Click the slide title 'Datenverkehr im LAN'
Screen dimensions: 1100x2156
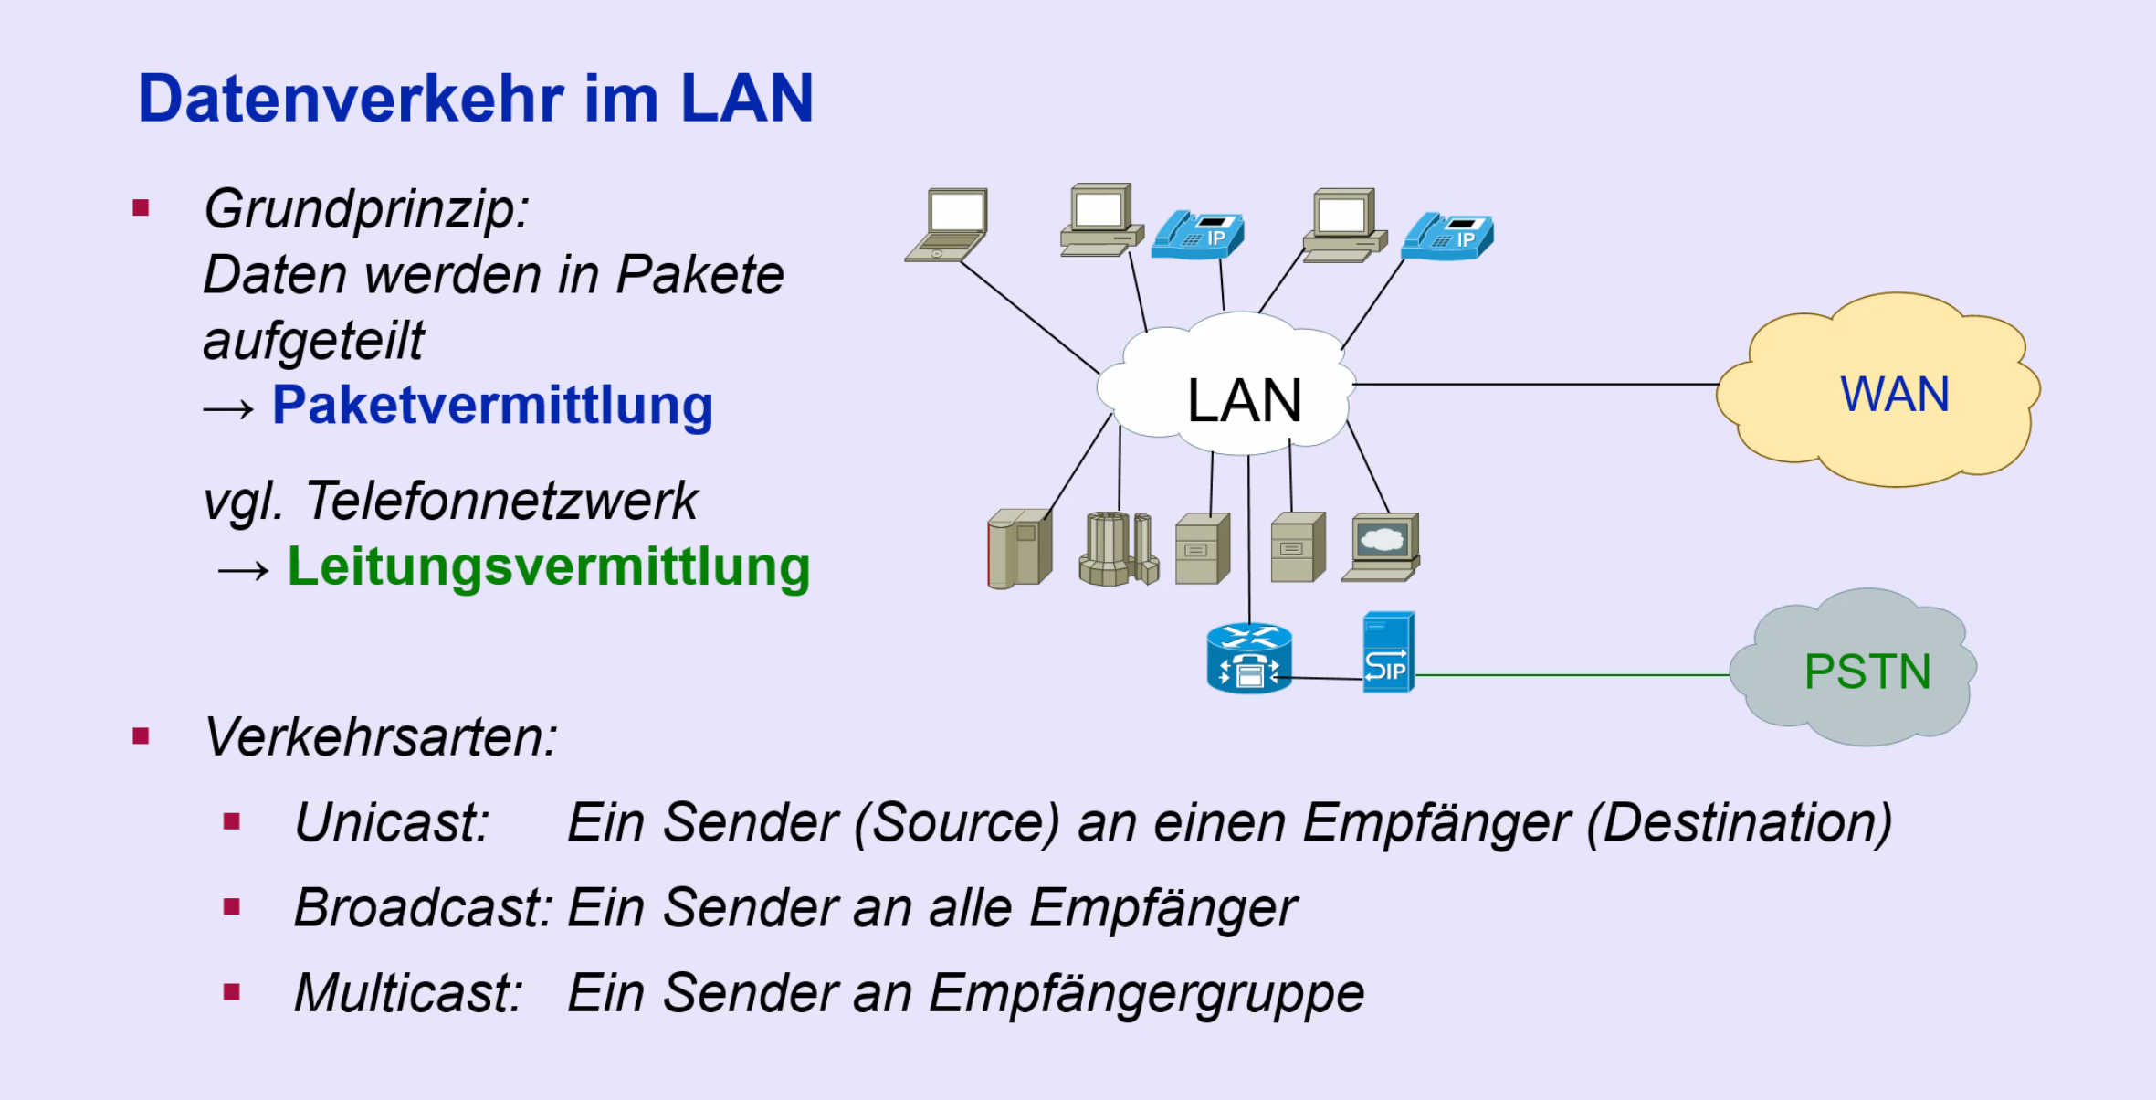point(475,99)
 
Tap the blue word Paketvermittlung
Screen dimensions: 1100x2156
point(492,405)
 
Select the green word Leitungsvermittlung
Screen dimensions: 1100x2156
point(548,566)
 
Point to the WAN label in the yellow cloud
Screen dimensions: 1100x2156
point(1895,395)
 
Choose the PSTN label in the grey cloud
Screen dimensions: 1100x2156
point(1867,672)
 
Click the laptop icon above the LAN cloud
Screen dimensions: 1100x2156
point(948,225)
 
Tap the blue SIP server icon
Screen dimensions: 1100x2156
point(1388,652)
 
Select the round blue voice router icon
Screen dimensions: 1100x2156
point(1248,658)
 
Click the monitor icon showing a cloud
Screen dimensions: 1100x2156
point(1382,546)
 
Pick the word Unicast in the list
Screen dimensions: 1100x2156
point(392,822)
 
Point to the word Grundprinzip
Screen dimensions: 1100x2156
point(366,209)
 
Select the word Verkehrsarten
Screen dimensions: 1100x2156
point(381,736)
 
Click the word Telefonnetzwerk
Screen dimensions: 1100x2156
point(501,501)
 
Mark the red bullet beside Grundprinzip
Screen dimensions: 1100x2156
point(141,208)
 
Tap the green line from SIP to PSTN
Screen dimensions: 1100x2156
point(1571,675)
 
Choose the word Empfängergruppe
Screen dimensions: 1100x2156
point(1146,992)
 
